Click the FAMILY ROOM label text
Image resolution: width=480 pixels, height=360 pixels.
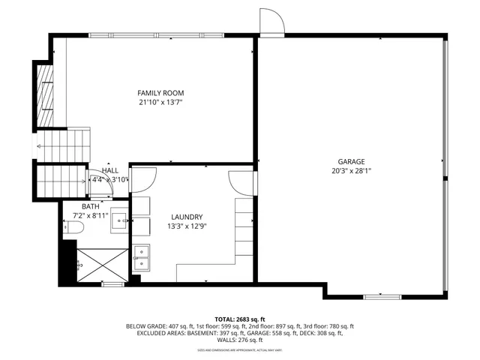160,92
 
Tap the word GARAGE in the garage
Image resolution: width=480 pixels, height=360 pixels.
350,161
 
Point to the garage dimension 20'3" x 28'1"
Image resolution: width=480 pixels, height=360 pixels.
350,171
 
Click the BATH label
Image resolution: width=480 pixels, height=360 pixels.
91,206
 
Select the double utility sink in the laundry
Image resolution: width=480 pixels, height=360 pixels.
141,256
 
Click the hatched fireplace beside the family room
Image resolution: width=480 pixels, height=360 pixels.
47,95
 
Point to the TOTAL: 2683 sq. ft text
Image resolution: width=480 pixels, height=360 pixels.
240,319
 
